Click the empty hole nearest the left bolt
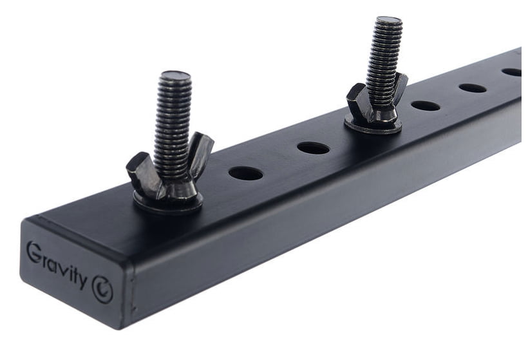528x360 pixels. (x=245, y=173)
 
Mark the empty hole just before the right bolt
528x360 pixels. (x=313, y=148)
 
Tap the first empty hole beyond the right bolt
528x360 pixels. (x=426, y=105)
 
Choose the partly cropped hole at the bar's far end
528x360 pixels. (x=513, y=72)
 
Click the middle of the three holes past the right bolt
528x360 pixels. (x=472, y=88)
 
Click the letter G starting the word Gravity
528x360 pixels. (x=33, y=251)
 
